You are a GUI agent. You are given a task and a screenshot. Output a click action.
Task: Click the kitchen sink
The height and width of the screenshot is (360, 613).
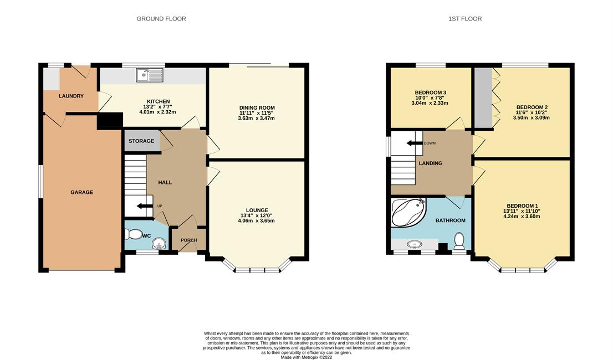(150, 75)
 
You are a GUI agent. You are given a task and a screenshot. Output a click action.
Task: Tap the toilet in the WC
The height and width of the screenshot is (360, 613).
(134, 234)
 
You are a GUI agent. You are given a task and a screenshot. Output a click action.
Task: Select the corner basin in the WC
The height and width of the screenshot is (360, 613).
(159, 244)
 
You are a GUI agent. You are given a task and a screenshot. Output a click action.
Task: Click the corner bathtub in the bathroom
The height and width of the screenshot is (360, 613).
(408, 213)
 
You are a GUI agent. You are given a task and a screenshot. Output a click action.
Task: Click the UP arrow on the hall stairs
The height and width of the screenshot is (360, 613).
(144, 206)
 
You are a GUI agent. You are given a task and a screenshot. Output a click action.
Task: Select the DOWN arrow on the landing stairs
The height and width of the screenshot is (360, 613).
(415, 143)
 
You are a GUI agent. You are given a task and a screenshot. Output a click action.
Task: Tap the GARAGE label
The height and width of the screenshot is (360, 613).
(81, 192)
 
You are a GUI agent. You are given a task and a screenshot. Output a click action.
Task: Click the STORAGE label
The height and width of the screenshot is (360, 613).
(141, 141)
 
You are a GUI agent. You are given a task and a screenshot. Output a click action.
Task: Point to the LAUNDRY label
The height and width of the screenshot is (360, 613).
(71, 96)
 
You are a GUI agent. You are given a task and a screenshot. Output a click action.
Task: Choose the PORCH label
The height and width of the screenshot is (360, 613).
(189, 240)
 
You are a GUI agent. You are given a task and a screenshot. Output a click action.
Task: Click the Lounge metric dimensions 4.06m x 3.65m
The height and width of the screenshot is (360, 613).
(257, 220)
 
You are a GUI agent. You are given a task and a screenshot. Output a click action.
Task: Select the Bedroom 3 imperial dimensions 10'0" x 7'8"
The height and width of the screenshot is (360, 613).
(430, 98)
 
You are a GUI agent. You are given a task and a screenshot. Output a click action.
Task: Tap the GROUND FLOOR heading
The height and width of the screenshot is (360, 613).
(161, 19)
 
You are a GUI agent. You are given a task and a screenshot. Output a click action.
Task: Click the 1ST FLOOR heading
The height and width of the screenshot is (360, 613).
(465, 19)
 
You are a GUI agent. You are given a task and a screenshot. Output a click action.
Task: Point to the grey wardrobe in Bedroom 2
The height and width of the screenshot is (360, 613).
(484, 97)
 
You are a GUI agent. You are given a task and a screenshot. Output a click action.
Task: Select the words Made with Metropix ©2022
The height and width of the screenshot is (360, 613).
(306, 357)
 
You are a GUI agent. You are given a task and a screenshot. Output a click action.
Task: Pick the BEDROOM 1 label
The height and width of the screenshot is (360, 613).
(522, 206)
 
